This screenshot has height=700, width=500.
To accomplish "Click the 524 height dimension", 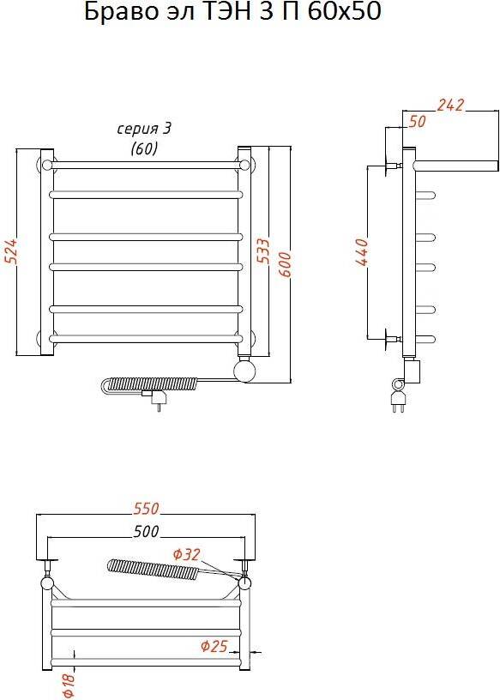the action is click(x=10, y=252).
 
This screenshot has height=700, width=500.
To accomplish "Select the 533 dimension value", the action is click(x=264, y=250).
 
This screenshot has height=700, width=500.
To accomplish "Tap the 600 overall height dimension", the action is click(x=286, y=264).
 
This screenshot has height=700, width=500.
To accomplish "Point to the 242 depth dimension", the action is click(x=450, y=106).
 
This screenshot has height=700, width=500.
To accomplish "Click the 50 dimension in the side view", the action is click(x=418, y=122).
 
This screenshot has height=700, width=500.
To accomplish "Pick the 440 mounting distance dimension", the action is click(x=363, y=252).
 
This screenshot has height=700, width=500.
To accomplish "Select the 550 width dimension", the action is click(x=146, y=509).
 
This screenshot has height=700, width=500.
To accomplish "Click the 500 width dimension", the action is click(x=146, y=531).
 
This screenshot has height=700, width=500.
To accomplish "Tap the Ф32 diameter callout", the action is click(x=187, y=554).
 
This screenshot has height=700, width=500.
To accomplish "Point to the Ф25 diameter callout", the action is click(x=214, y=646).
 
